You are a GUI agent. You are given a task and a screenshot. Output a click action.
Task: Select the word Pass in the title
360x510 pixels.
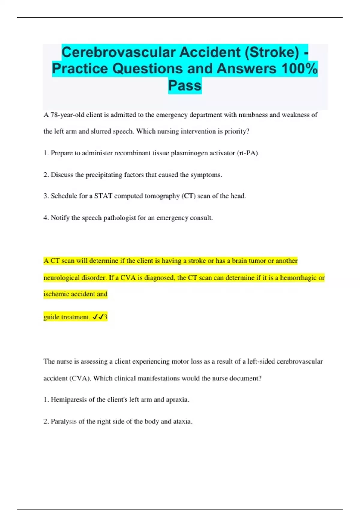point(185,85)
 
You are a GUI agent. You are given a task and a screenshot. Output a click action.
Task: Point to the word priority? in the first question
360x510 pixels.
point(237,131)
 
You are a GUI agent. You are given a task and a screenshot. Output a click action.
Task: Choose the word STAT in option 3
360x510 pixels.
point(103,196)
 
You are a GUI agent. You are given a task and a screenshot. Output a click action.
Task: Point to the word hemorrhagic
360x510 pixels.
point(298,278)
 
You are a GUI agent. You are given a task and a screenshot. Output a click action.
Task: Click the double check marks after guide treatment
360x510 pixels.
point(98,317)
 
